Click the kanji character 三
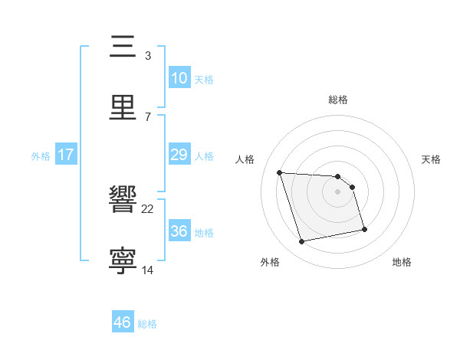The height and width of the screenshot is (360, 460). (123, 47)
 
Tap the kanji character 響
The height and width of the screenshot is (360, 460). (123, 201)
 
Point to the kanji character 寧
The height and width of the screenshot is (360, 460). (123, 261)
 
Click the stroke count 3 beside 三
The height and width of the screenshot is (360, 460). (147, 55)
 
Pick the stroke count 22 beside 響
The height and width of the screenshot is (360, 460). (148, 208)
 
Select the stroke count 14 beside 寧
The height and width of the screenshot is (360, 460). (148, 270)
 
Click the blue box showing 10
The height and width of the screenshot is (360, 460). (179, 78)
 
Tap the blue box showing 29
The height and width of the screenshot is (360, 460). (179, 155)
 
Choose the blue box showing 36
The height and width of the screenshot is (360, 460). (179, 231)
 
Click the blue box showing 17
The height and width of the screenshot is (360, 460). (66, 155)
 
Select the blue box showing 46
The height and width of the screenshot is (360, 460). (123, 322)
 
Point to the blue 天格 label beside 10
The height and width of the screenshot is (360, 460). (203, 80)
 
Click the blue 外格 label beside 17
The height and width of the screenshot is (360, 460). (41, 156)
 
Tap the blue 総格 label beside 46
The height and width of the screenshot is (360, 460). (147, 324)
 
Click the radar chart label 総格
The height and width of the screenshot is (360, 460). (338, 100)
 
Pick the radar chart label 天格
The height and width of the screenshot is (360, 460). (431, 159)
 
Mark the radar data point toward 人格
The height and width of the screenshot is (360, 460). (280, 172)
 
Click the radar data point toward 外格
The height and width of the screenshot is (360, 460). (302, 242)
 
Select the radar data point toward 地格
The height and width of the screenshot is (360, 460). (364, 229)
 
